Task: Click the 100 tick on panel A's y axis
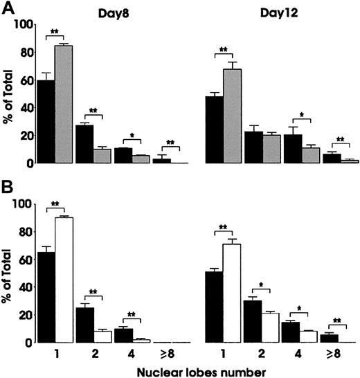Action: tap(24, 25)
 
